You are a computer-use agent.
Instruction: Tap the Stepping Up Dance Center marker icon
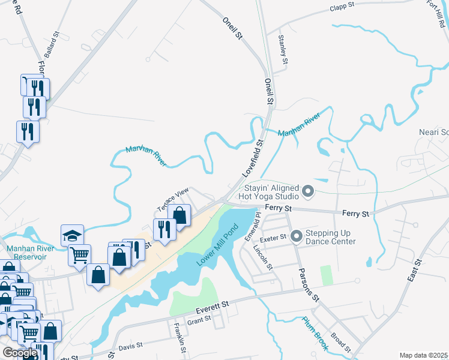295,236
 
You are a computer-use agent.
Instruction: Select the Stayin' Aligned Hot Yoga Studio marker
308,192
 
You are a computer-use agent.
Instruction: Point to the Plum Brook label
315,333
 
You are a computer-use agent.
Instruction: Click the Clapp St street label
342,8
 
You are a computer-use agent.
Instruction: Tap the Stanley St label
283,49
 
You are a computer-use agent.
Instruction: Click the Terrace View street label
173,200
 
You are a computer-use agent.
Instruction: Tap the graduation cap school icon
72,235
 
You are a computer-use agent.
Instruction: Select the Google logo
20,353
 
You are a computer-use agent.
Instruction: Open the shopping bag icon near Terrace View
179,213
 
